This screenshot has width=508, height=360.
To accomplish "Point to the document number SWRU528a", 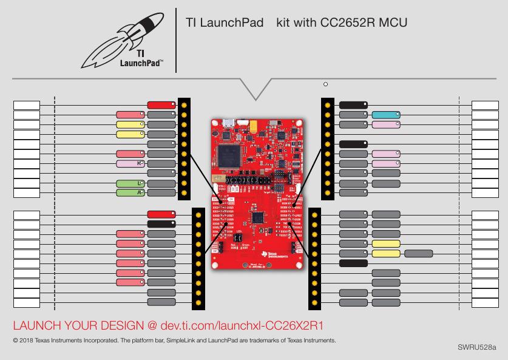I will [x=476, y=348].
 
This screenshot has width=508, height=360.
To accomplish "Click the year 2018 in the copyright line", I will [x=27, y=340].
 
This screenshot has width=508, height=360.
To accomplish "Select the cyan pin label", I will [x=385, y=115].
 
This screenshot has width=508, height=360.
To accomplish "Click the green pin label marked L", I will [x=130, y=183].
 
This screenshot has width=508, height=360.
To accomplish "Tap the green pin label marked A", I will [x=130, y=193].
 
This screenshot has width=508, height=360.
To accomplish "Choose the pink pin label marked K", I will [x=130, y=164].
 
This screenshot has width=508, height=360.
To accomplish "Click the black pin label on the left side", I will [x=161, y=223].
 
